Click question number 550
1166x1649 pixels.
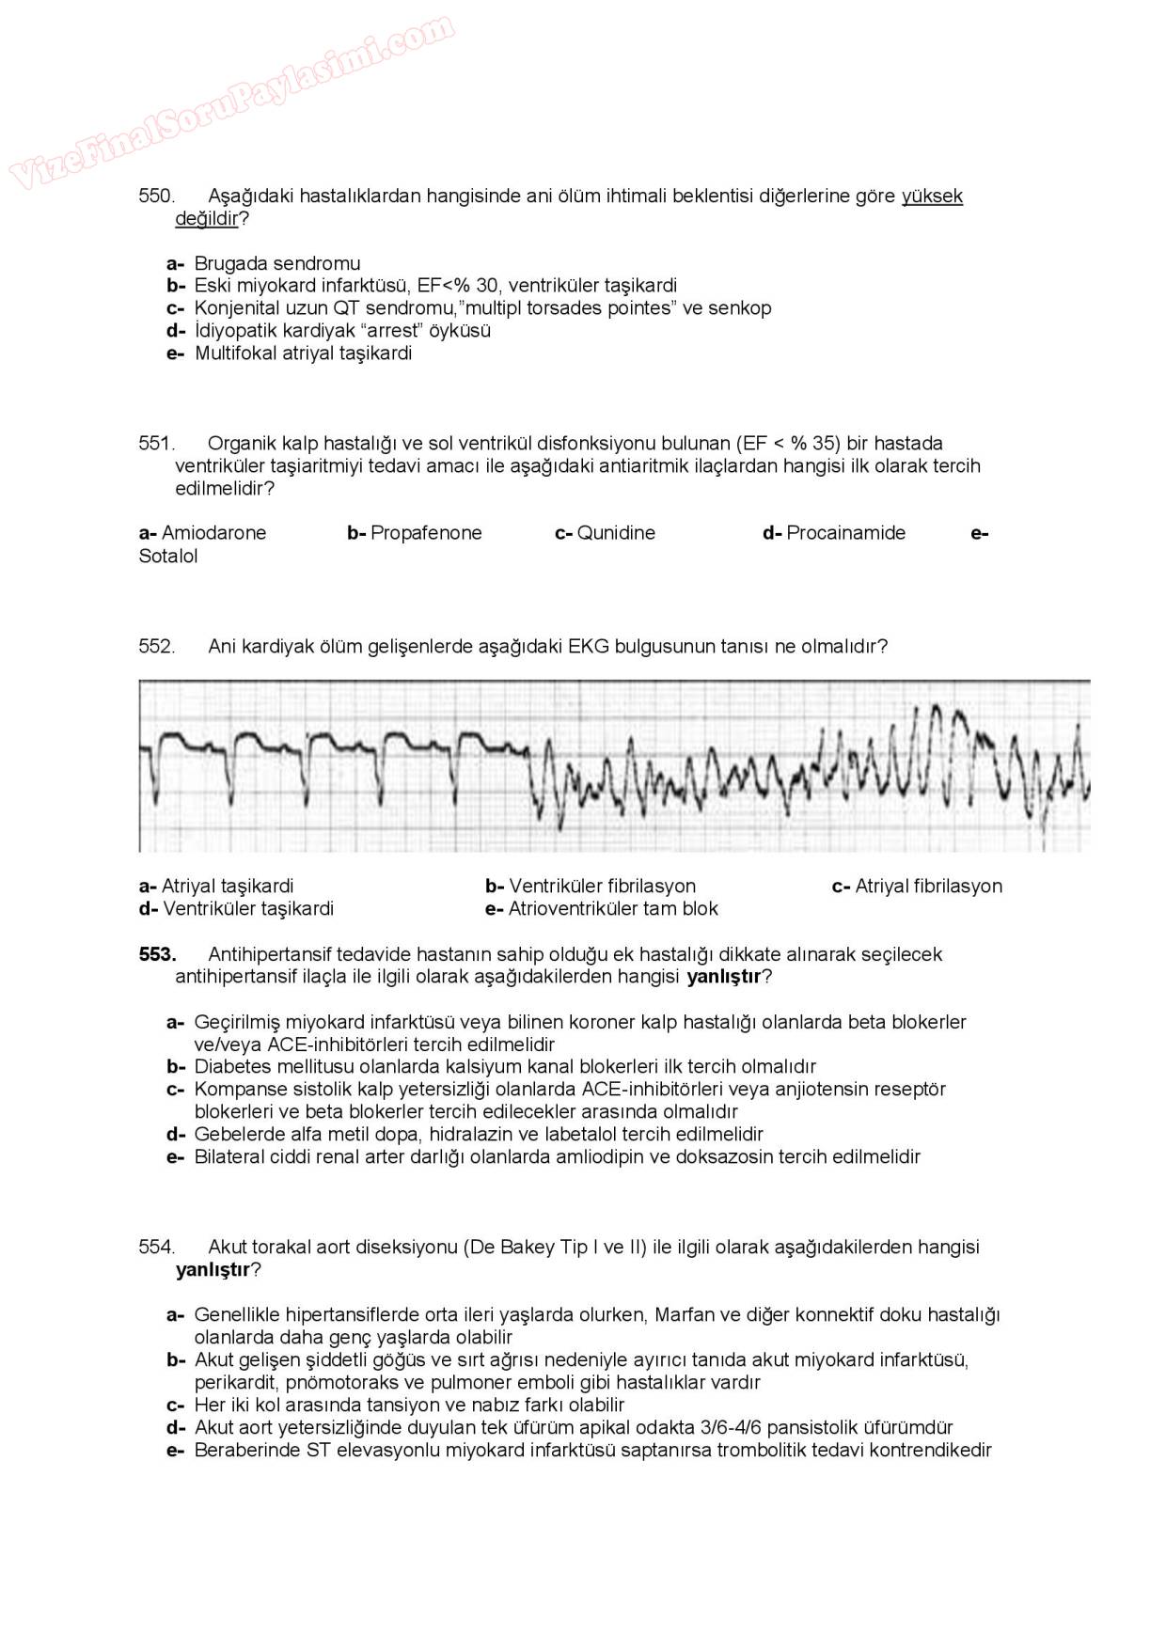pyautogui.click(x=156, y=196)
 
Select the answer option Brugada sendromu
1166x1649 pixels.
pyautogui.click(x=276, y=263)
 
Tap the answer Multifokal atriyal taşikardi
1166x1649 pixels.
pyautogui.click(x=303, y=353)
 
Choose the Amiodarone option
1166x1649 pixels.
pyautogui.click(x=213, y=533)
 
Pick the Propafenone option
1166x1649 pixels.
pyautogui.click(x=425, y=533)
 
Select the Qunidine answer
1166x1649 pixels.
pyautogui.click(x=615, y=533)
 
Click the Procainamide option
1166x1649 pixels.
pyautogui.click(x=845, y=533)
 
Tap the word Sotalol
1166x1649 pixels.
pyautogui.click(x=168, y=556)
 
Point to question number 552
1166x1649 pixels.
pyautogui.click(x=156, y=646)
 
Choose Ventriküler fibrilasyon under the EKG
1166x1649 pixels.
pyautogui.click(x=602, y=886)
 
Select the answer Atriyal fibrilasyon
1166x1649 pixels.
pyautogui.click(x=928, y=886)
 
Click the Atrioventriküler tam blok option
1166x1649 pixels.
pyautogui.click(x=612, y=908)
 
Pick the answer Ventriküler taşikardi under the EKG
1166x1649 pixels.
pyautogui.click(x=247, y=908)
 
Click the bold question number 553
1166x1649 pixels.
pyautogui.click(x=157, y=954)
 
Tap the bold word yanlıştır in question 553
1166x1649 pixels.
pyautogui.click(x=724, y=977)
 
